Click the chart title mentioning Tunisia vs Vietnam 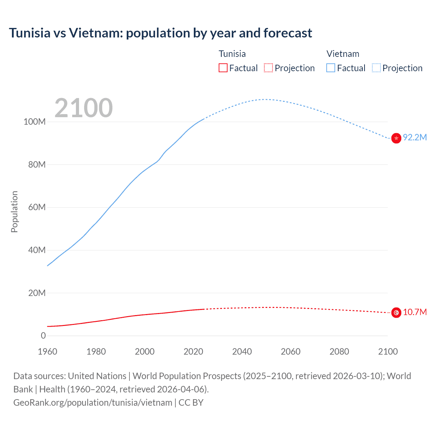160,33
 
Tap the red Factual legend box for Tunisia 223,68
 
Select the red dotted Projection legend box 268,68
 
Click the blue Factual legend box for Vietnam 331,68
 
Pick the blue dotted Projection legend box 376,68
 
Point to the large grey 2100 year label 83,108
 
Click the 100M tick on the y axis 34,122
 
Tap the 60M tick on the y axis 36,207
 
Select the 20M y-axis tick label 36,293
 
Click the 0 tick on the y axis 43,336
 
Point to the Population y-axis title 14,212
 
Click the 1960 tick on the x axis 47,352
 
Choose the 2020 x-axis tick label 193,352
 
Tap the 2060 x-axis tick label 291,352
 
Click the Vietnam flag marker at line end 396,138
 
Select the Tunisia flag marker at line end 396,312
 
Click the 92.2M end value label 415,137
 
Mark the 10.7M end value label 415,312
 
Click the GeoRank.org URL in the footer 93,403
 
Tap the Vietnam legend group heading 343,54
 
